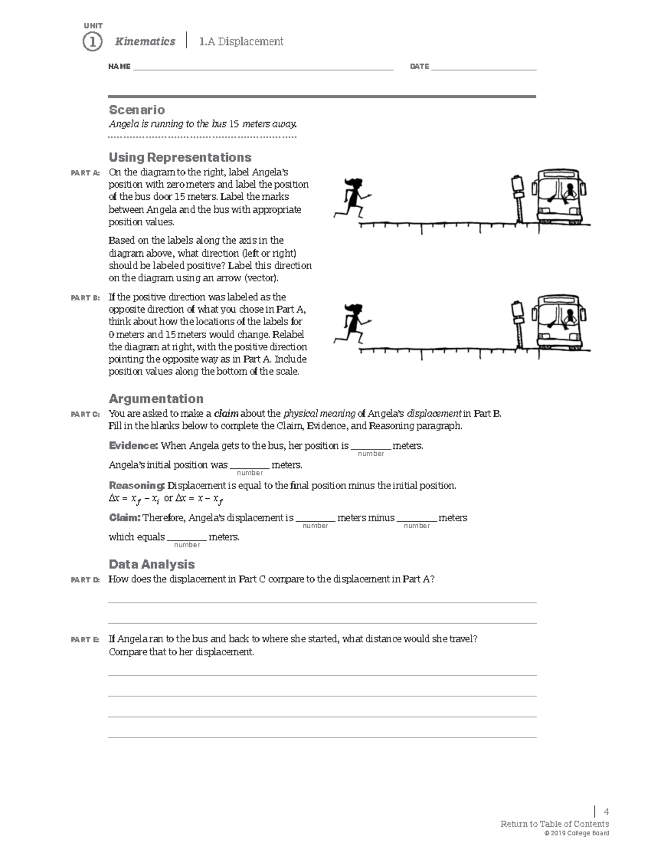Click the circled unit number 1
click(x=92, y=42)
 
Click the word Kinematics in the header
click(x=145, y=41)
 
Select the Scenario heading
click(x=137, y=110)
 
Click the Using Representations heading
click(x=180, y=157)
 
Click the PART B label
click(x=85, y=298)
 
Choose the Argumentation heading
click(x=156, y=399)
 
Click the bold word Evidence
click(x=133, y=446)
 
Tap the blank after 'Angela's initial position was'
click(x=250, y=466)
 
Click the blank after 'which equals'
click(x=187, y=537)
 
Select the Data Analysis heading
click(x=151, y=565)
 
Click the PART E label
click(x=85, y=640)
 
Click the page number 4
click(x=606, y=812)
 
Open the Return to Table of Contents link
click(x=554, y=824)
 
